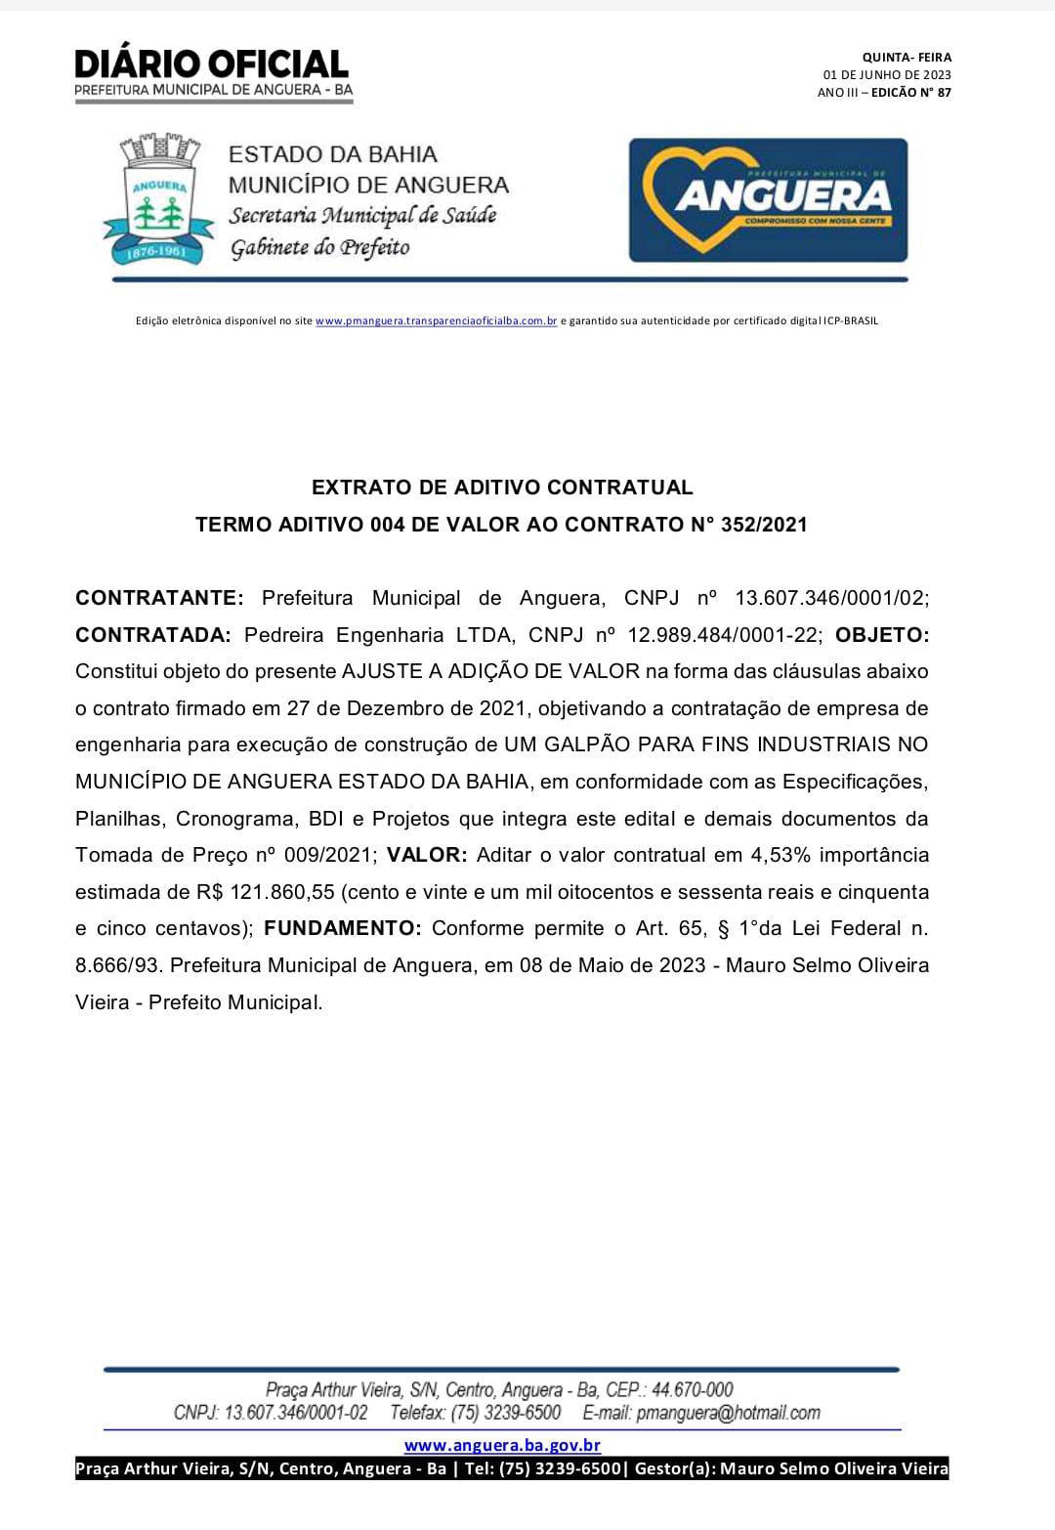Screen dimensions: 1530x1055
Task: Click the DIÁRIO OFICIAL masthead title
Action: pos(212,64)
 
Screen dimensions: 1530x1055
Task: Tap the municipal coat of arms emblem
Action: pos(158,200)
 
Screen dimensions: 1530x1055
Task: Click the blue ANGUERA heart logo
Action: pos(768,200)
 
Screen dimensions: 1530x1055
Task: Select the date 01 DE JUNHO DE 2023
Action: pos(887,75)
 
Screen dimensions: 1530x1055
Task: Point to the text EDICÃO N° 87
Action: pos(910,93)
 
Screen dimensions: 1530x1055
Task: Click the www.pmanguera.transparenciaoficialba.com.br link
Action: pos(436,320)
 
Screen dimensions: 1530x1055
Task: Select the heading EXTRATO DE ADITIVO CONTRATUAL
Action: pos(502,487)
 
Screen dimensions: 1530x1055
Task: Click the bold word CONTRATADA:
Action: pos(153,635)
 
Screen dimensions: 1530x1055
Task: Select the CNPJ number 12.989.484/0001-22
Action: pos(724,635)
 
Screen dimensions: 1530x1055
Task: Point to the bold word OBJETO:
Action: pos(882,635)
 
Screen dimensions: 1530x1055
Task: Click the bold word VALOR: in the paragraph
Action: pos(427,855)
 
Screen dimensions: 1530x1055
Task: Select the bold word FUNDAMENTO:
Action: pos(343,928)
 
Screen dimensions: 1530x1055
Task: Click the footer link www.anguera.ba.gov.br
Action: pos(502,1445)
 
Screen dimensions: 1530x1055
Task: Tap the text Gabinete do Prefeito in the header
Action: pos(319,248)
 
